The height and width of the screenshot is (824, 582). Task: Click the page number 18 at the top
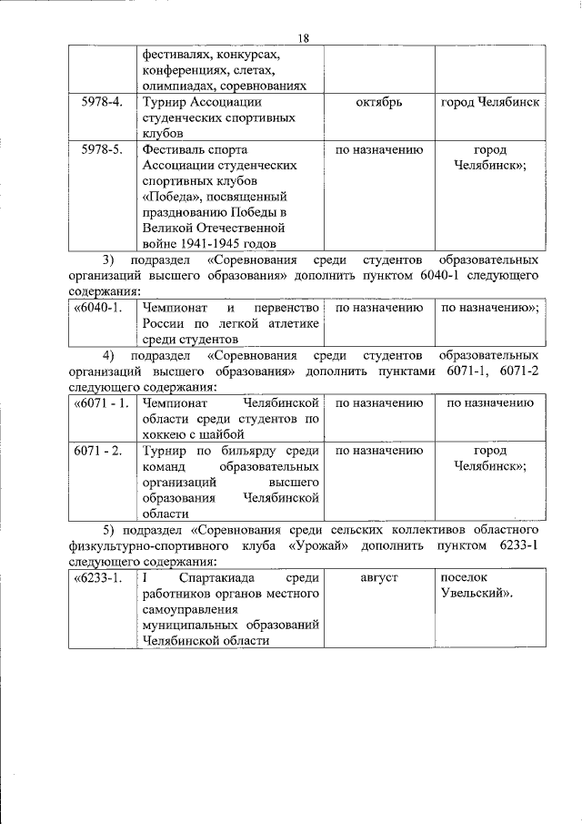click(304, 36)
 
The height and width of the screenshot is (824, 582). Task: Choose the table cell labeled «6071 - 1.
click(101, 402)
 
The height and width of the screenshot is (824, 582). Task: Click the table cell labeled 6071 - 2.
click(101, 450)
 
